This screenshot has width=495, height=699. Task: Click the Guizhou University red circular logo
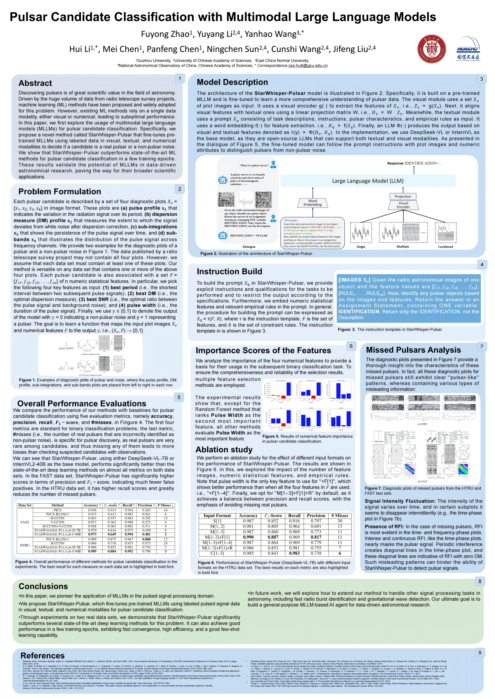pyautogui.click(x=431, y=49)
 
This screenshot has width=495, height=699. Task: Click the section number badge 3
pyautogui.click(x=481, y=79)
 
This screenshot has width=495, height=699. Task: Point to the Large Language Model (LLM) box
pyautogui.click(x=368, y=181)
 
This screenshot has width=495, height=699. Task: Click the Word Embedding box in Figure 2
pyautogui.click(x=313, y=203)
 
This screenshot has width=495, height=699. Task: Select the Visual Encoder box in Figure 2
pyautogui.click(x=403, y=205)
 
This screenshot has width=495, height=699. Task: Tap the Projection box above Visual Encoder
pyautogui.click(x=403, y=196)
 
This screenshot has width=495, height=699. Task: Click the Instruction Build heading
pyautogui.click(x=229, y=271)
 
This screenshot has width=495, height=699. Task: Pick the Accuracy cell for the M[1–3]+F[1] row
pyautogui.click(x=248, y=537)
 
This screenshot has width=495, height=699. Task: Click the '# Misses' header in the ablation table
pyautogui.click(x=339, y=516)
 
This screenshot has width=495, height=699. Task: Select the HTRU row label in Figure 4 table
pyautogui.click(x=25, y=545)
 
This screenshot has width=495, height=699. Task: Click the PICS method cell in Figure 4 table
pyautogui.click(x=57, y=510)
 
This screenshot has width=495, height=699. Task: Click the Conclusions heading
pyautogui.click(x=43, y=586)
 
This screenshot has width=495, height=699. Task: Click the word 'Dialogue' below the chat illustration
pyautogui.click(x=249, y=247)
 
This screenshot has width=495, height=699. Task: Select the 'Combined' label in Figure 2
pyautogui.click(x=445, y=247)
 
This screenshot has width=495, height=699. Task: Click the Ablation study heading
pyautogui.click(x=224, y=450)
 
